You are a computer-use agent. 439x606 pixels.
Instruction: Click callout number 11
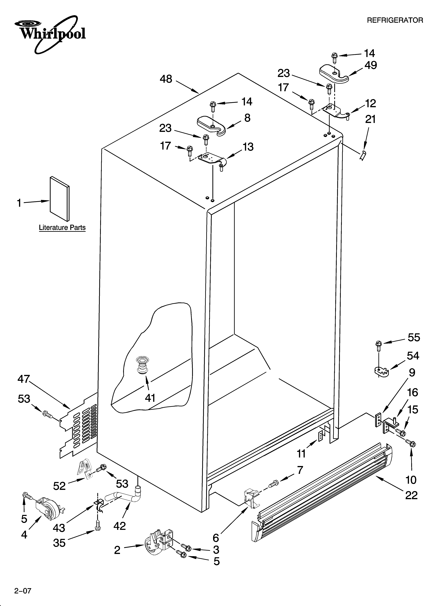[301, 453]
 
